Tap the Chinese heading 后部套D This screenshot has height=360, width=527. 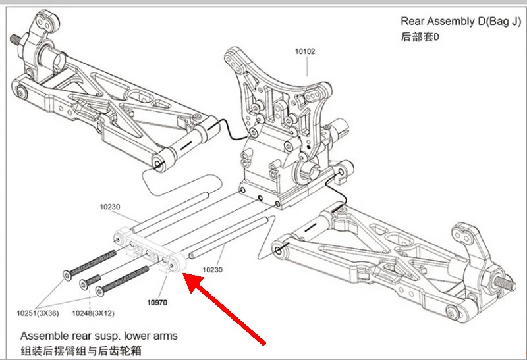coord(420,37)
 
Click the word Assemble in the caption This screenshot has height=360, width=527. coord(43,336)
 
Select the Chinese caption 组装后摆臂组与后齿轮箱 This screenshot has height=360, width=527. coord(81,350)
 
